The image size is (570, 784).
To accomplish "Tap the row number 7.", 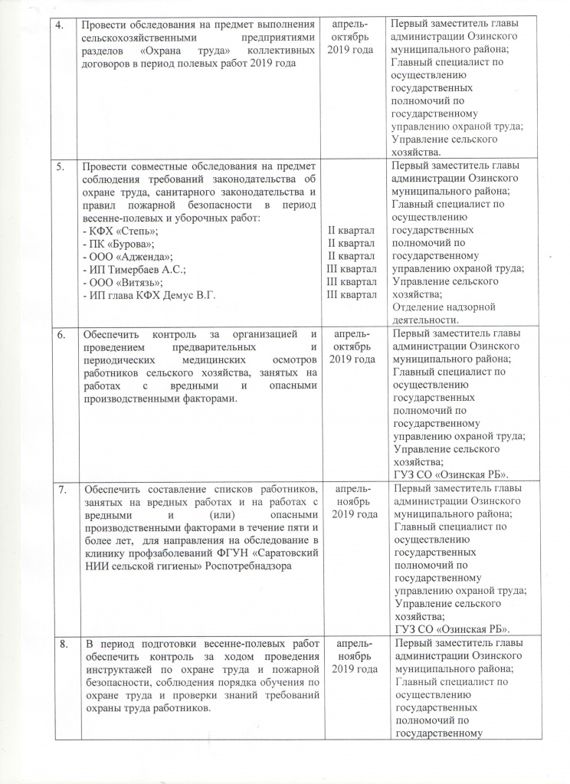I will (64, 488).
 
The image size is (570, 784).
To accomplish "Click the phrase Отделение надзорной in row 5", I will (444, 307).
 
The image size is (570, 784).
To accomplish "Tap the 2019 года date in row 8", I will (352, 669).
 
